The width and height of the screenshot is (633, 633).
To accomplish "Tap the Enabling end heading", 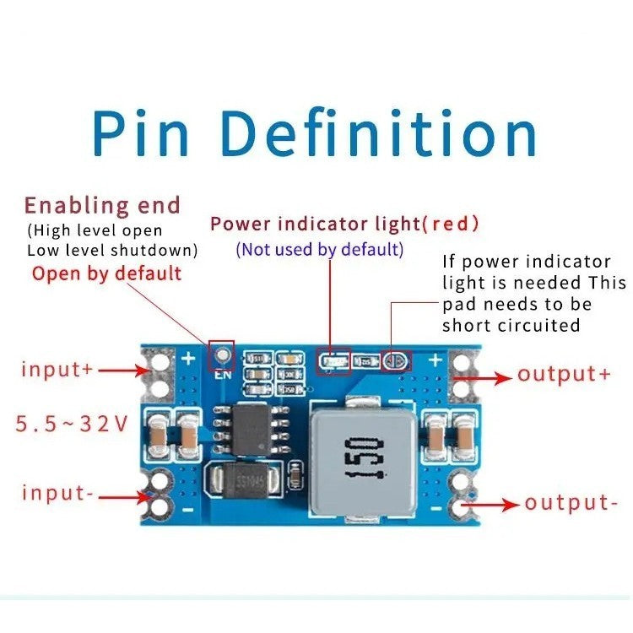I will tap(102, 205).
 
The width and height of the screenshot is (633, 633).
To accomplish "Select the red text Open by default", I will tap(106, 273).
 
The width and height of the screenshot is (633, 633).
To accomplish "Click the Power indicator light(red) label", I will tap(344, 224).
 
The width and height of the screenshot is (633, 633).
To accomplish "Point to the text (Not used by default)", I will tap(319, 250).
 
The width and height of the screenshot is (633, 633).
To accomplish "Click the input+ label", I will tap(57, 370).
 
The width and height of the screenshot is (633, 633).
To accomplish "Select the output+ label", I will tap(564, 374).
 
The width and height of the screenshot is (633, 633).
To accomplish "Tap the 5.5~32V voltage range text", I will tap(72, 423).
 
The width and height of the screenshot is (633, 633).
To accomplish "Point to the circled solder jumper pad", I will tap(394, 362).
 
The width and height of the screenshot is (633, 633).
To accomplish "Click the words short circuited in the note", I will tap(511, 325).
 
